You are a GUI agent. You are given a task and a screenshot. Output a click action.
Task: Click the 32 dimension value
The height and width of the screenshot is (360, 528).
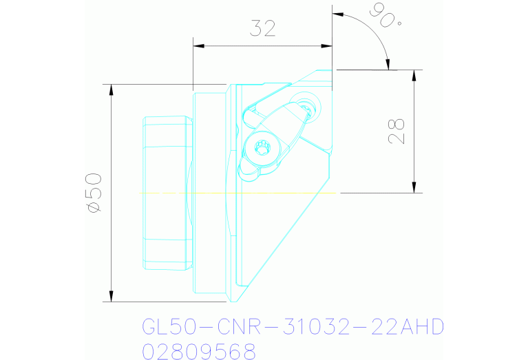point(262,28)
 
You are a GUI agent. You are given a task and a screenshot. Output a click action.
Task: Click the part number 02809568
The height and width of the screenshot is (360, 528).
point(199,350)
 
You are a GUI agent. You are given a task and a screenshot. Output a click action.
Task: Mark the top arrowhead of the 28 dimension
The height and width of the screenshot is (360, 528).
point(414,75)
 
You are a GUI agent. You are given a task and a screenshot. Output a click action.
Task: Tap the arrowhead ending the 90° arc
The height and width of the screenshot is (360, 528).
point(390,65)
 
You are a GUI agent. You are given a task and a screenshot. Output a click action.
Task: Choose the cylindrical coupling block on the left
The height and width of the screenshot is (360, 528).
point(166,193)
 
